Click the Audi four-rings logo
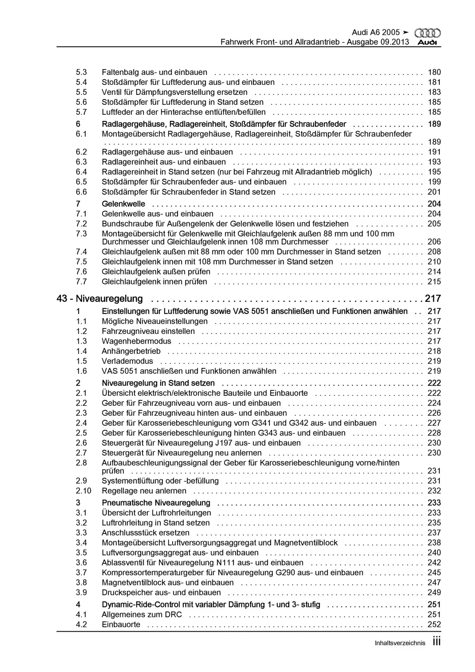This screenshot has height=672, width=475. [x=427, y=33]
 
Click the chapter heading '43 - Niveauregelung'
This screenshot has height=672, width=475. [x=100, y=299]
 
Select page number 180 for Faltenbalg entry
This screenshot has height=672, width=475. [x=434, y=72]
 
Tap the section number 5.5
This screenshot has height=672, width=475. [x=81, y=92]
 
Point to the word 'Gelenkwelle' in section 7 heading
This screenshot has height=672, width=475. [x=123, y=204]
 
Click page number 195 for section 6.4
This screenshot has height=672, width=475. [x=434, y=172]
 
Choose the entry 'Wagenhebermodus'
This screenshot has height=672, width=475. [x=137, y=341]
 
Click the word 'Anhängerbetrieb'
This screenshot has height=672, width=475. [x=131, y=351]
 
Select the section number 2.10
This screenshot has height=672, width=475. [x=83, y=491]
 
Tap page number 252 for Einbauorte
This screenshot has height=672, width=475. [x=434, y=625]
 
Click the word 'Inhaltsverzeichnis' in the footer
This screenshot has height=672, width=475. [x=400, y=643]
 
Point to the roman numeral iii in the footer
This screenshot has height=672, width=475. [x=436, y=642]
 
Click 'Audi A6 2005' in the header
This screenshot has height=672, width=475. [x=376, y=33]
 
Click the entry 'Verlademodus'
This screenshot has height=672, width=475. [x=127, y=361]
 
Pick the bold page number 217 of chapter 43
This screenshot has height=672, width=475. [x=433, y=299]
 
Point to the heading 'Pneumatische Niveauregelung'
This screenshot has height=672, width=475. [x=156, y=503]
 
